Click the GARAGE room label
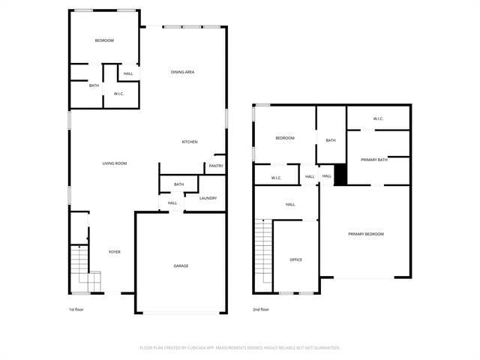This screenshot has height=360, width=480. tap(181, 266)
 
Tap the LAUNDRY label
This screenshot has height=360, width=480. tap(208, 199)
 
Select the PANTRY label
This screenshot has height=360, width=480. tap(215, 166)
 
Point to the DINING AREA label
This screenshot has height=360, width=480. tap(183, 72)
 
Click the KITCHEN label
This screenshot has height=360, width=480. tap(190, 142)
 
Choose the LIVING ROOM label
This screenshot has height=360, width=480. tap(115, 163)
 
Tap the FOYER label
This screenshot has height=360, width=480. tap(115, 252)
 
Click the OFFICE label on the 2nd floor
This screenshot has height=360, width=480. tap(296, 259)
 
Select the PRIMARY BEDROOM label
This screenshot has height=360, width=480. tap(366, 234)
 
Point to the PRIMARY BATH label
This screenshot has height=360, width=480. tap(373, 160)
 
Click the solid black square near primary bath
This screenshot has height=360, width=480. tap(340, 174)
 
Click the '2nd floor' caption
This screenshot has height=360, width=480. tap(261, 309)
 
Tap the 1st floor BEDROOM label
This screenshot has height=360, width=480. tap(104, 40)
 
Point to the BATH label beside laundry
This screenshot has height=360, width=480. tap(179, 184)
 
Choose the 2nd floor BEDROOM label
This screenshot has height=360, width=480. tap(285, 138)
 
